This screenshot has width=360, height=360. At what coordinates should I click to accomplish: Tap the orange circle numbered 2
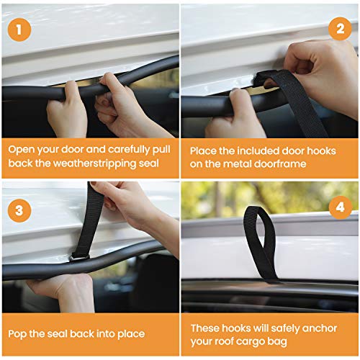click(x=339, y=30)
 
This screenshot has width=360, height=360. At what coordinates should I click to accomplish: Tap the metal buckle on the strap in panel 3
click(x=78, y=258)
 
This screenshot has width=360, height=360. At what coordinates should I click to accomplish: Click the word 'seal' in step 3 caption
click(x=71, y=333)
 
